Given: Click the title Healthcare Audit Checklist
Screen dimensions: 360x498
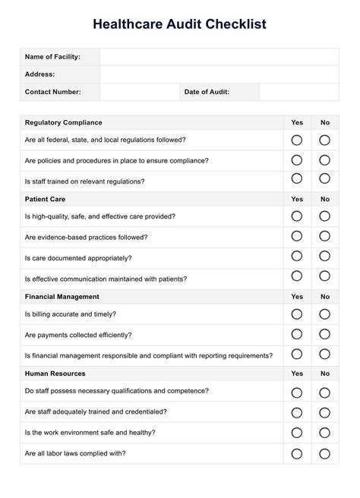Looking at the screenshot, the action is point(180,24).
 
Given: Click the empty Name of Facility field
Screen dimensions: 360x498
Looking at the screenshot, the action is point(219,57).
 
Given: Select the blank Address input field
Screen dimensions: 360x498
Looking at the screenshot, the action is point(219,74).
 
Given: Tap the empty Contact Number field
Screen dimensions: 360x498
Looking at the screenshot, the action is point(138,92).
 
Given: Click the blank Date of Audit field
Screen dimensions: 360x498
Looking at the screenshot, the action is point(298,92).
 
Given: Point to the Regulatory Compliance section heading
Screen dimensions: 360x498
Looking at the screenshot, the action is point(63,122).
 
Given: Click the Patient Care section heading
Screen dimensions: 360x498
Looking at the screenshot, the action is point(45,199).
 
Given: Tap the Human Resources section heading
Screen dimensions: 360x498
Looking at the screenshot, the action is point(55,373).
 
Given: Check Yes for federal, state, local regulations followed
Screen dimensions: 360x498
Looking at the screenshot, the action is point(297,140).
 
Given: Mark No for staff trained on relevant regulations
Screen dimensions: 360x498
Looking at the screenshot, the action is point(324,179).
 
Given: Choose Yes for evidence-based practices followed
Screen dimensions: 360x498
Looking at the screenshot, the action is point(297,237).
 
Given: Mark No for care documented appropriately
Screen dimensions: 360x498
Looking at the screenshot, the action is point(324,257).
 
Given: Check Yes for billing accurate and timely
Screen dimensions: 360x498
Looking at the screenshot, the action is point(297,314).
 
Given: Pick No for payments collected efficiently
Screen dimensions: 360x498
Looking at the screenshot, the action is point(324,334).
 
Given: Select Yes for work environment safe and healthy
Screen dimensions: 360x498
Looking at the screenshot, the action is point(297,433).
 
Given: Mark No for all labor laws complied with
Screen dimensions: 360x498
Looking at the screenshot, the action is point(324,453).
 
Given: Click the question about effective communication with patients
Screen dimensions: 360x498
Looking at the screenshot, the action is point(106,279).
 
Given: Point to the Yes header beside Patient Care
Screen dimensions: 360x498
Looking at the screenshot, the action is point(297,199).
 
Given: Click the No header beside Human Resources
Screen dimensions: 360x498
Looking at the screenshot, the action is point(325,373).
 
